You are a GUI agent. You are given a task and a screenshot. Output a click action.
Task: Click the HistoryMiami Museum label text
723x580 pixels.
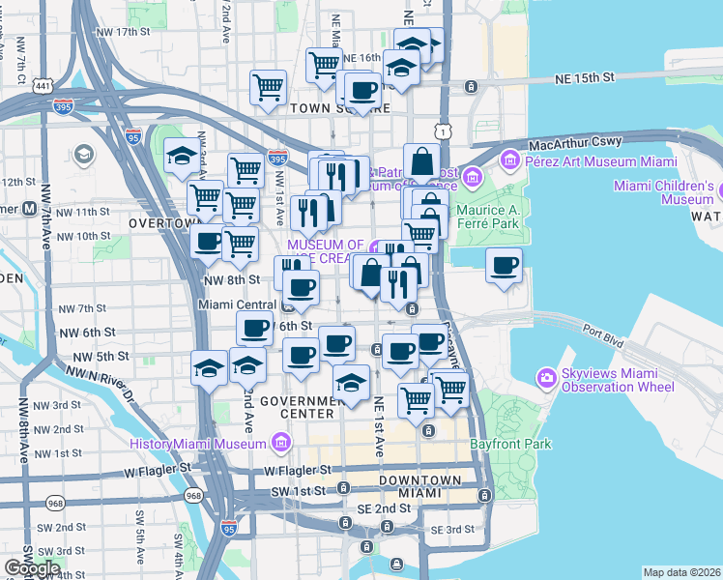click(x=198, y=444)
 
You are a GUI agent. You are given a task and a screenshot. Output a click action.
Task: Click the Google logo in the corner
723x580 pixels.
click(x=32, y=568)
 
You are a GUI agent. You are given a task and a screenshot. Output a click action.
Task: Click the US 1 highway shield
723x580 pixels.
click(x=442, y=130)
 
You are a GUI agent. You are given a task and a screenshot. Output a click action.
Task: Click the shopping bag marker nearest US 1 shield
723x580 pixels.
click(x=421, y=160)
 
